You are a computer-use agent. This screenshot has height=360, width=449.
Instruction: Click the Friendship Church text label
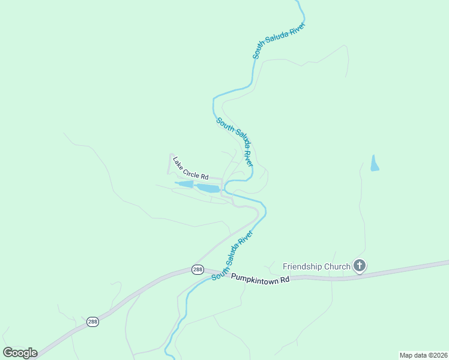[x=316, y=266]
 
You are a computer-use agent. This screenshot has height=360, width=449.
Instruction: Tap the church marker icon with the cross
[x=359, y=265]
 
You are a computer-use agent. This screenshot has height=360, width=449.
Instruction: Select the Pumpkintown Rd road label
[x=260, y=279]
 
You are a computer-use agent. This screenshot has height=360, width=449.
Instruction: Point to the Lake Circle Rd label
[x=190, y=169]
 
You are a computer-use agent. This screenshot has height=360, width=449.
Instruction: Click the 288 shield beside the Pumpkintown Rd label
[x=198, y=270]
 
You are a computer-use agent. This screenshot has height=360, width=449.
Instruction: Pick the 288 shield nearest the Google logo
[x=92, y=322]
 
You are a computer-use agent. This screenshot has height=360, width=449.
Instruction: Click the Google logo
[x=20, y=353]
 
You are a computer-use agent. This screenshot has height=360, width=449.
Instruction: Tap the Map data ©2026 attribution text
[x=423, y=355]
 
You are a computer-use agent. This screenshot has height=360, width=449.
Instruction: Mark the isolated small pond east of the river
[x=375, y=163]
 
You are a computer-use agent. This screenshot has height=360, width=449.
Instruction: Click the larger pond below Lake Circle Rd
[x=208, y=188]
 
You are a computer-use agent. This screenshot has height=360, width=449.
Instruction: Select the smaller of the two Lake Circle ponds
[x=185, y=184]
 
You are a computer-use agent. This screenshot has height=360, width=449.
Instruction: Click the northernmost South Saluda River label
[x=279, y=41]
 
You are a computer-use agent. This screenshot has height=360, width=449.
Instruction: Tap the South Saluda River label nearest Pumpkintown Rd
[x=232, y=256]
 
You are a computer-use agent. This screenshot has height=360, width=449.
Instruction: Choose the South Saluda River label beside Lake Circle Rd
[x=235, y=142]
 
